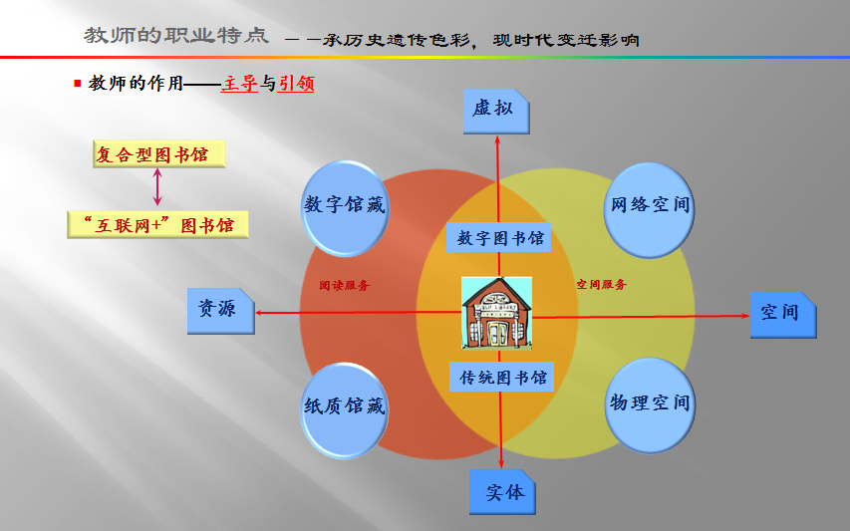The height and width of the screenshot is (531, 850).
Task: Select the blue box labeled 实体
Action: coord(502,492)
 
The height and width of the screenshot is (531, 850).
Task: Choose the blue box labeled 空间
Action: coord(782,314)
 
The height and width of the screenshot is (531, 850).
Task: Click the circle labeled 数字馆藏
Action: coord(344,206)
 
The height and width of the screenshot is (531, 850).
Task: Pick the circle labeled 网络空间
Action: coord(649,206)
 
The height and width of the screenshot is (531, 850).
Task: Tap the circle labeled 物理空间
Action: coord(649,403)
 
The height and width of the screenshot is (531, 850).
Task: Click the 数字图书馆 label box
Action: coord(499,239)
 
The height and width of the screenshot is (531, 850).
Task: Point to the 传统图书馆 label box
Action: coord(502,379)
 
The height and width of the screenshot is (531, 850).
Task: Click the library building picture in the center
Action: coord(496,312)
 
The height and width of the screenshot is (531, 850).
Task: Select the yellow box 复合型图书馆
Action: coord(158,154)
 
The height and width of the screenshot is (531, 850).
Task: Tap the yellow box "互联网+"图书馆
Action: coord(157,225)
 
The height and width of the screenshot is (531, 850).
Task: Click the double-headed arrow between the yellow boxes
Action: coord(157,187)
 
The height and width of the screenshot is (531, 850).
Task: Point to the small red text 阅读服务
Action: coord(344,285)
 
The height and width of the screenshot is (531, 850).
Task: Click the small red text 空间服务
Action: coord(602,285)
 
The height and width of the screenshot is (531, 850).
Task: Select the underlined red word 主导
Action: coord(241,85)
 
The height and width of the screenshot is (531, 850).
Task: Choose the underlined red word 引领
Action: coord(296,85)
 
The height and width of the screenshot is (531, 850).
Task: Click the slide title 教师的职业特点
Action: coord(176,37)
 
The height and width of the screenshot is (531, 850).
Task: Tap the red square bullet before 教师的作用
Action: coord(78,84)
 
